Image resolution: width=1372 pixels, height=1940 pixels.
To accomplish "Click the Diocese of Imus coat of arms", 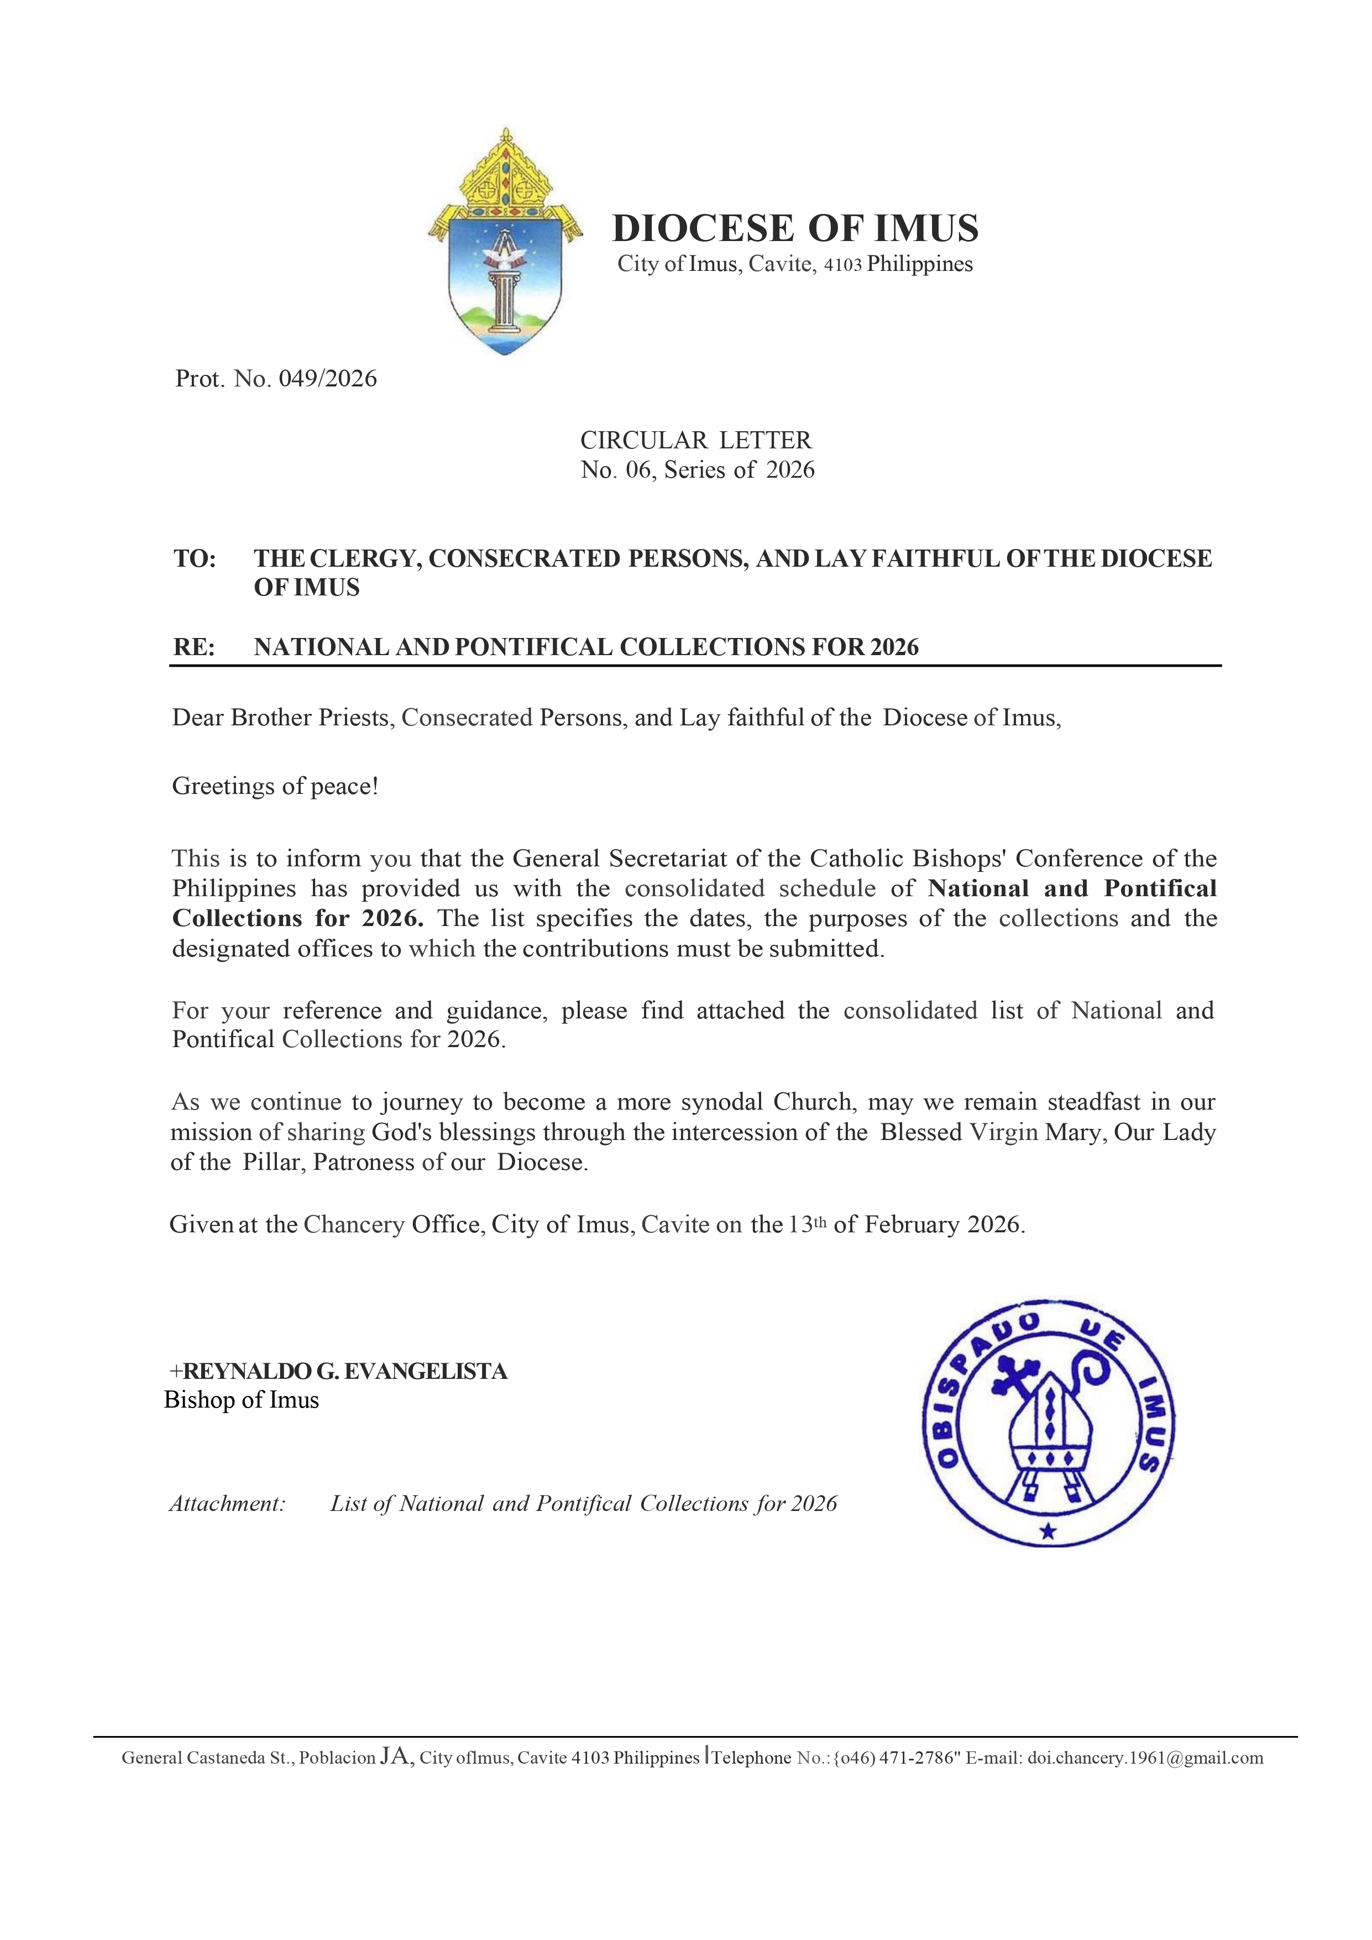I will (x=505, y=243).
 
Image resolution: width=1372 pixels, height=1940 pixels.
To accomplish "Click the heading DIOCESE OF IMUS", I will (x=795, y=228).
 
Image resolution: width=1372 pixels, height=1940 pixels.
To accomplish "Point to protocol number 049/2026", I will (x=328, y=379).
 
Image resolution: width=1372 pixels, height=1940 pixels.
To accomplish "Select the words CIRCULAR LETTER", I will (x=695, y=440).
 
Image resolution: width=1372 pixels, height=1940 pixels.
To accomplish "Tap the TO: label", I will (x=195, y=558).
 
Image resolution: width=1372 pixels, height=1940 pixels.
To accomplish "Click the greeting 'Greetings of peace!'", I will (x=275, y=787).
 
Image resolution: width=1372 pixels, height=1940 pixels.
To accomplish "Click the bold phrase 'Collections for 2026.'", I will (x=297, y=918).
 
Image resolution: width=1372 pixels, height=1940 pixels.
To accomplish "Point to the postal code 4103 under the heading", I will (x=843, y=265).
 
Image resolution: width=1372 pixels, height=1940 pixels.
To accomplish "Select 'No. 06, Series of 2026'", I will (x=697, y=470).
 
